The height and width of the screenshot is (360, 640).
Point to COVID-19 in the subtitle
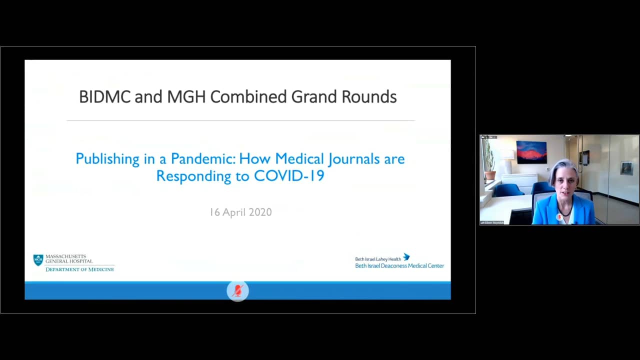coord(289,176)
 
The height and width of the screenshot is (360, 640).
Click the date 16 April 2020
coord(240,212)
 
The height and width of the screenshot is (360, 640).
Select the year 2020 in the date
coord(260,212)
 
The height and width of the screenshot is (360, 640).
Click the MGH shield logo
coord(38,260)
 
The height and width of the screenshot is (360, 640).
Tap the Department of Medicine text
coord(80,269)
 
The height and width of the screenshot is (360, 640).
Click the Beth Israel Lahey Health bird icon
coord(406,257)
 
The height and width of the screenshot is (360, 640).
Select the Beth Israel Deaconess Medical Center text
coord(399,266)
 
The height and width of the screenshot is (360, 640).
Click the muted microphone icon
coord(237,290)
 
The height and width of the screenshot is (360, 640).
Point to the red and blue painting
coord(531,152)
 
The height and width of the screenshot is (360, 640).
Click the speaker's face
coord(563,179)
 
